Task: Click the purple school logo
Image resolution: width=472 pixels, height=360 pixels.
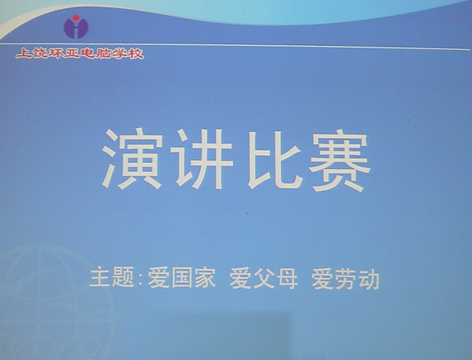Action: click(76, 27)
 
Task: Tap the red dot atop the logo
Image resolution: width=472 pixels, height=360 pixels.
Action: click(76, 18)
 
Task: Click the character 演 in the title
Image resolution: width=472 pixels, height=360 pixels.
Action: click(133, 159)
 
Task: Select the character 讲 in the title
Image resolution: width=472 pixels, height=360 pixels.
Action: click(204, 159)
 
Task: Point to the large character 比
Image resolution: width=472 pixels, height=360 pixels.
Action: click(275, 160)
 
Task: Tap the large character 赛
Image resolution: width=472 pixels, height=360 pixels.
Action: click(339, 162)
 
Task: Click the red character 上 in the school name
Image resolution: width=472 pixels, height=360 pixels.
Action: click(24, 53)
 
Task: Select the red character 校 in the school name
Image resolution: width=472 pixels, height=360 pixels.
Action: click(135, 54)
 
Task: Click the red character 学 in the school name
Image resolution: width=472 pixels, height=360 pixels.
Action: click(120, 54)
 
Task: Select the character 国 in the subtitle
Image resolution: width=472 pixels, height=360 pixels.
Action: click(182, 278)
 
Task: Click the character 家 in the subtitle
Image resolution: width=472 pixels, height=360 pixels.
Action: click(205, 278)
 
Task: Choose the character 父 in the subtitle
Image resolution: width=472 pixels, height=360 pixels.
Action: click(264, 279)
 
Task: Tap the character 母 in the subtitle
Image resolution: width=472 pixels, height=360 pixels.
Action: click(288, 279)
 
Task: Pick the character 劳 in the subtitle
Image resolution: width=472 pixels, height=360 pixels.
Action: click(346, 280)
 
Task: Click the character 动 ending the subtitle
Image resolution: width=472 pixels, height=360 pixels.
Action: click(369, 280)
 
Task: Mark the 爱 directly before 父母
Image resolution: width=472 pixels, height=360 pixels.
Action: click(241, 279)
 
